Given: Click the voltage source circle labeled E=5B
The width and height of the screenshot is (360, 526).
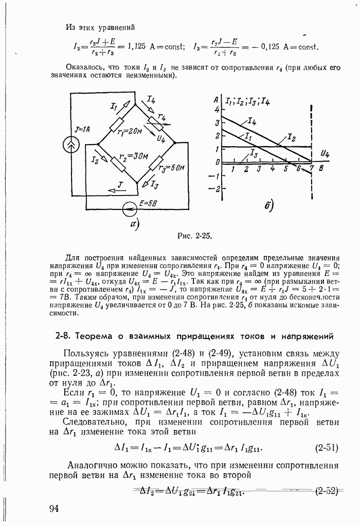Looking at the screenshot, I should pyautogui.click(x=129, y=209).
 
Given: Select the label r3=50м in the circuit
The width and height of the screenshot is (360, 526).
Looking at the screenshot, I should pyautogui.click(x=172, y=168).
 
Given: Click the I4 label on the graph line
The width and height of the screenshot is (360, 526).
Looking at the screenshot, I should pyautogui.click(x=252, y=121).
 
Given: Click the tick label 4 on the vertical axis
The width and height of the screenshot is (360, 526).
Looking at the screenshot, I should pyautogui.click(x=218, y=110).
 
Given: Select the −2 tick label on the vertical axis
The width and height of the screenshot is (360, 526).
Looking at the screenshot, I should pyautogui.click(x=217, y=189).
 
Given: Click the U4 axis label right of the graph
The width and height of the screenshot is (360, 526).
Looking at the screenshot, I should pyautogui.click(x=325, y=153).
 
